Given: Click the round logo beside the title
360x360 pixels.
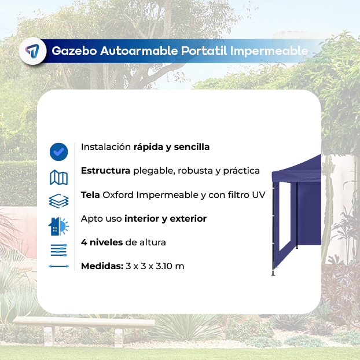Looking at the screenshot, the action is click(33, 51).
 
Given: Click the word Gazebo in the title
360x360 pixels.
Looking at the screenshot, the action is click(74, 51).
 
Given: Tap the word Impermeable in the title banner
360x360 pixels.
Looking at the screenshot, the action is click(269, 51).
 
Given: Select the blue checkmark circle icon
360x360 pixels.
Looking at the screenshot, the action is click(59, 152).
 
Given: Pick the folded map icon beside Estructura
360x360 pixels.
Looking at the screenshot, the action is click(59, 178).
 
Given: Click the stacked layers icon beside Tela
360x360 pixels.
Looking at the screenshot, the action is click(59, 201).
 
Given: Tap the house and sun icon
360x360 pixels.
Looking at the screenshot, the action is click(58, 226).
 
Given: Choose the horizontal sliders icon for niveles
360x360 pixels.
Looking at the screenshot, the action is click(59, 250).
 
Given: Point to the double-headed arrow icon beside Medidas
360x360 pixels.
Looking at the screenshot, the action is click(59, 266).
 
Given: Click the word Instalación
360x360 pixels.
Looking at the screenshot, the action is click(106, 147).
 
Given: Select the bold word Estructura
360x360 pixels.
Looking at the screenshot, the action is click(105, 171).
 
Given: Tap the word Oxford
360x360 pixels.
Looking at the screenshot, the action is click(118, 195).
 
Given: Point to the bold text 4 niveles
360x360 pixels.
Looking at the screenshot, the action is click(102, 243).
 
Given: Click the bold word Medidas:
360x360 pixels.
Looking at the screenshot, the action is click(102, 266).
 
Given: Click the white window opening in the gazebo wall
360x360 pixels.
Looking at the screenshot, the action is click(285, 216).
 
